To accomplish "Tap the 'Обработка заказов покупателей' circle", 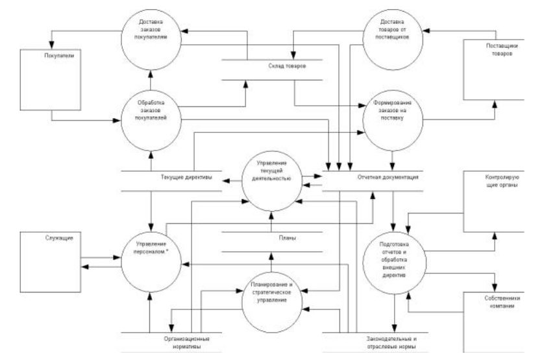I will point(150,111).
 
